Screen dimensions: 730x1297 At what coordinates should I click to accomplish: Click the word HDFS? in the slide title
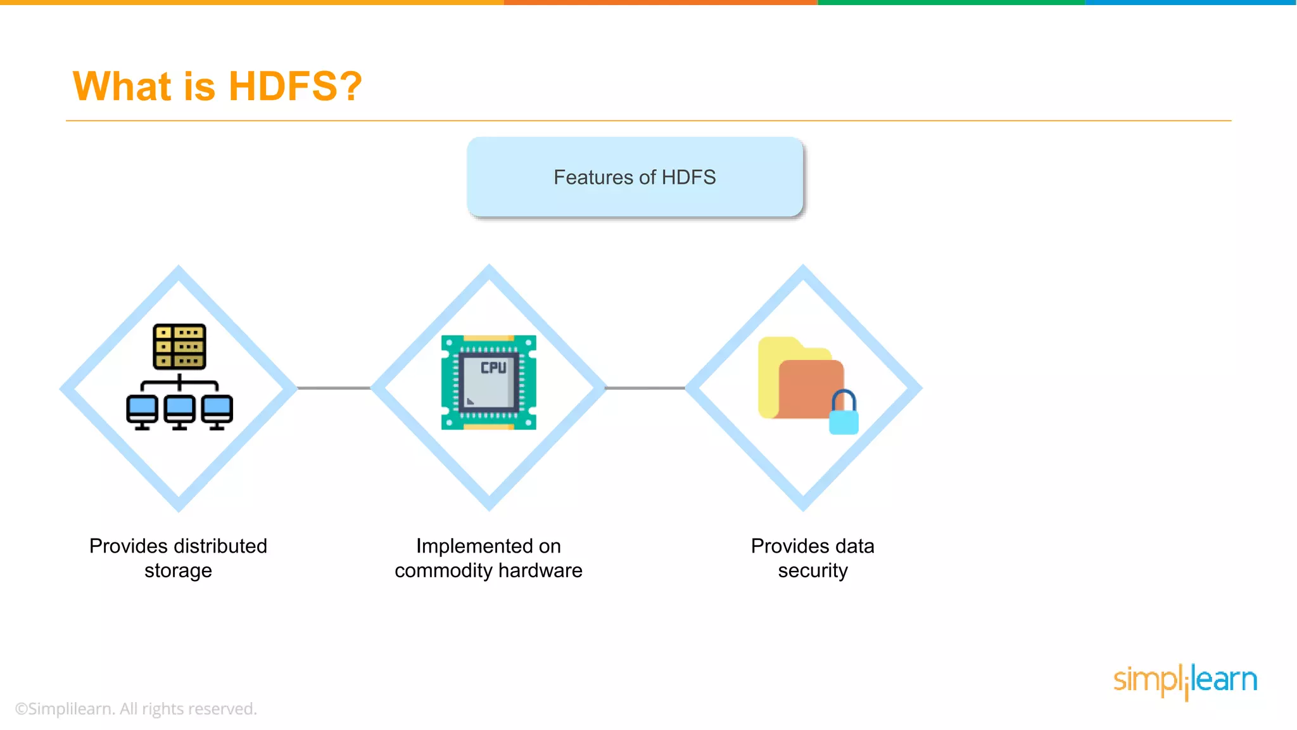point(295,86)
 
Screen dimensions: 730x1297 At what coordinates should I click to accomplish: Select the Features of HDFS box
point(635,177)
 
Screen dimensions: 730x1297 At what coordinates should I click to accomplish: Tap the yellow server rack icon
point(179,347)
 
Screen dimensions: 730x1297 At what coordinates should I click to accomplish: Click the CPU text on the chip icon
point(493,368)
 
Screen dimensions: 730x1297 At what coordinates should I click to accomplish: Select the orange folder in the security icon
point(803,388)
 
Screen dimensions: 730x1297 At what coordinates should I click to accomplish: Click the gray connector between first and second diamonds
point(334,388)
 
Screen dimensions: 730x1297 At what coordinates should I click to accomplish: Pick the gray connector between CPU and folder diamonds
point(645,388)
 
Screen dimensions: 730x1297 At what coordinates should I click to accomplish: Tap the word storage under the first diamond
point(178,571)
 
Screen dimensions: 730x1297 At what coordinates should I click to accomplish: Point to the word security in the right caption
point(813,571)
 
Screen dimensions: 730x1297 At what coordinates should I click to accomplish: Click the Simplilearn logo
point(1185,680)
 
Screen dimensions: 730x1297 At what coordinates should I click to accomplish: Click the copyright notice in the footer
point(136,708)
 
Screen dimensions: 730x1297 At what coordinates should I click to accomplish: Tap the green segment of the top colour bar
point(950,3)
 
